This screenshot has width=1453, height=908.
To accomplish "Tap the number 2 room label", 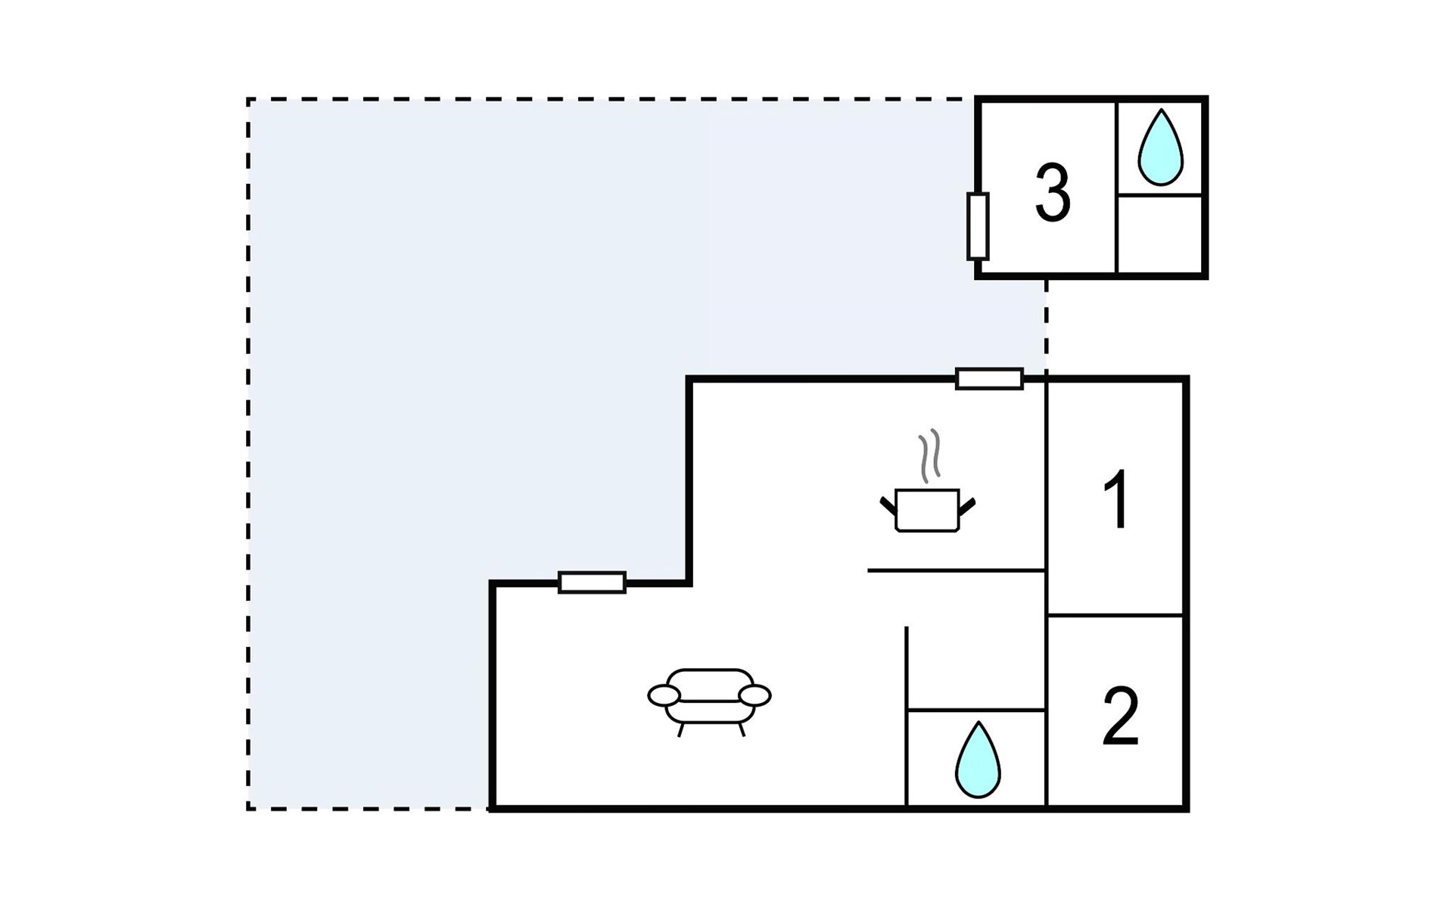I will coord(1120,717).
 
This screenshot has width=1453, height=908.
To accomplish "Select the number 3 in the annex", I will coord(1053,193).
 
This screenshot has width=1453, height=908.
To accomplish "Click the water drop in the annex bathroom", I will coord(1160,148).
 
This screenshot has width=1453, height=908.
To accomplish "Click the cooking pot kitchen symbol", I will coord(927,510).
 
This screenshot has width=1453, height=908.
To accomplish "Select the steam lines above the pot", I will coord(929,456).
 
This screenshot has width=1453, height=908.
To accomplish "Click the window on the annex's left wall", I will coord(978,226).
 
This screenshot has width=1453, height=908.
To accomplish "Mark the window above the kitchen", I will coord(989,378).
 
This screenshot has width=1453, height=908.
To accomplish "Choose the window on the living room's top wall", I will coord(592,582).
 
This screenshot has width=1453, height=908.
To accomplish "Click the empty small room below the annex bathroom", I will coord(1159,234).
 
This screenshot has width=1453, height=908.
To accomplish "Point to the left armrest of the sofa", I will coord(664,695).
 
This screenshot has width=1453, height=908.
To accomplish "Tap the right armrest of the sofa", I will coord(755,695).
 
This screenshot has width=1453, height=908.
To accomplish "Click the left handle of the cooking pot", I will coord(888,505).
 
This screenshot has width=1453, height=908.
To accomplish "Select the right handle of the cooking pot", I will coord(966,505).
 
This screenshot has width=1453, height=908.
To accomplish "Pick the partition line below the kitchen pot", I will coord(956,570).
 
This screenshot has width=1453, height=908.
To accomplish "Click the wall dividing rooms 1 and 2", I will coord(1114,615).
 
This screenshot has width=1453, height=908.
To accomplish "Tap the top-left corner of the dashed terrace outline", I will coord(248,99).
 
